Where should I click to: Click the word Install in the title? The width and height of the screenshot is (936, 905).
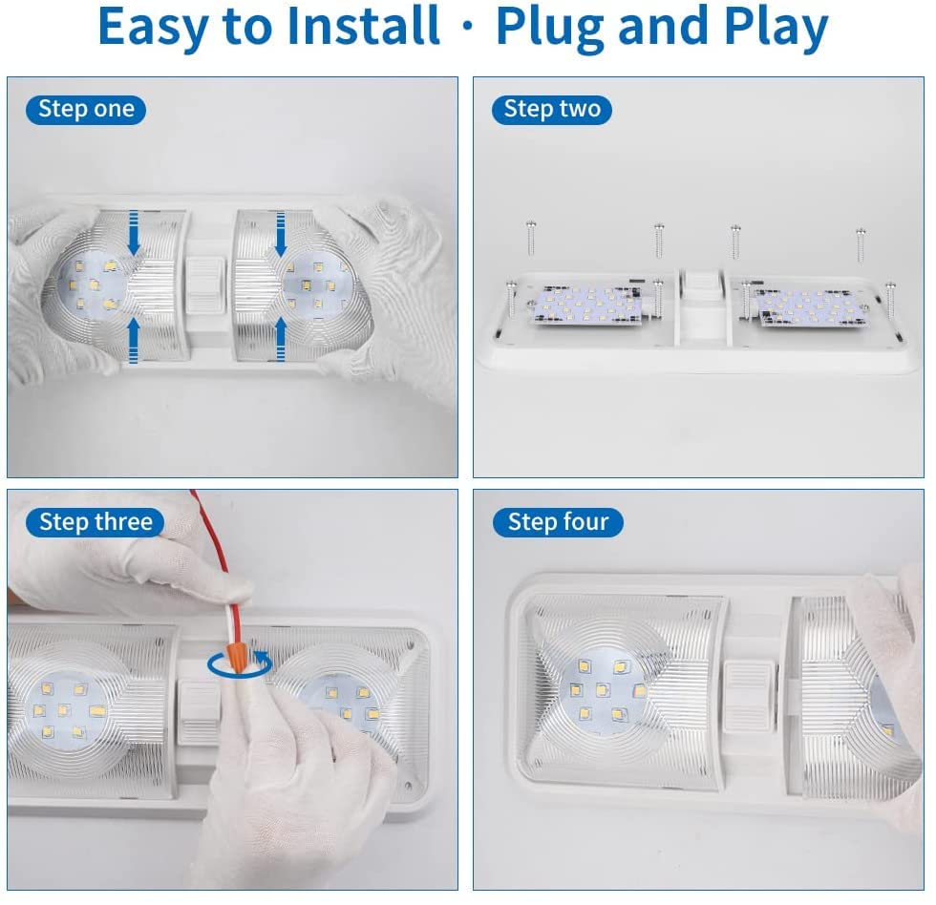tap(363, 26)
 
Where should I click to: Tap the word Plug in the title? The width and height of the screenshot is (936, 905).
tap(550, 28)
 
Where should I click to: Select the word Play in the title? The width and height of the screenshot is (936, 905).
tap(776, 28)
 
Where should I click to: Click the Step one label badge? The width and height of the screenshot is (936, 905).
tap(86, 110)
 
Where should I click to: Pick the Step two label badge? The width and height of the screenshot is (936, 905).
tap(552, 110)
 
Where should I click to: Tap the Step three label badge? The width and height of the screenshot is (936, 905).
tap(96, 522)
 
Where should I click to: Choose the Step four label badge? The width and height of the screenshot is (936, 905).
tap(558, 522)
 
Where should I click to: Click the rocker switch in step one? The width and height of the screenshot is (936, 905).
tap(204, 285)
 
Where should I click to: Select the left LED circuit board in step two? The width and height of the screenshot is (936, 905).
tap(586, 305)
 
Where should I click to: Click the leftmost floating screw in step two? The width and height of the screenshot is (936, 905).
tap(531, 238)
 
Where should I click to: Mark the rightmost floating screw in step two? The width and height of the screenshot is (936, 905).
tap(861, 244)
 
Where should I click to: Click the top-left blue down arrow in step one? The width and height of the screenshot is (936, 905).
tap(134, 233)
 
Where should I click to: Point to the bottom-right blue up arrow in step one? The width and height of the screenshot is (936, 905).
tap(281, 339)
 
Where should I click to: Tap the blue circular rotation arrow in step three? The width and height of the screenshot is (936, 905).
tap(240, 663)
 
